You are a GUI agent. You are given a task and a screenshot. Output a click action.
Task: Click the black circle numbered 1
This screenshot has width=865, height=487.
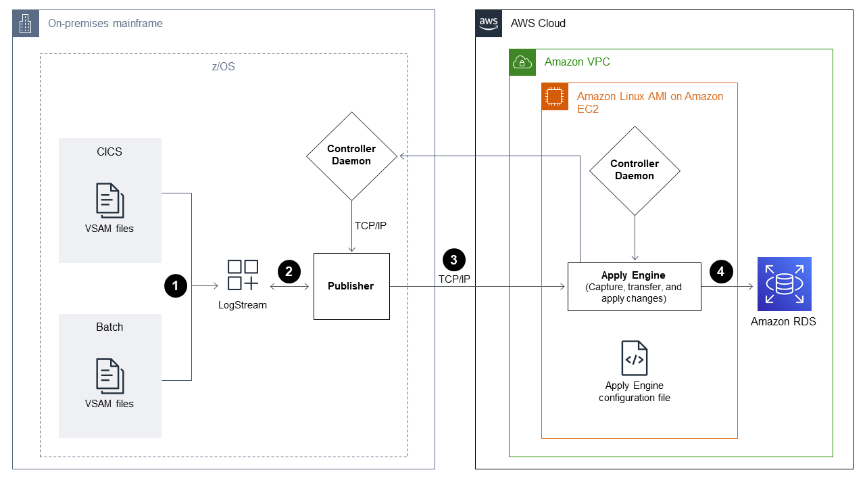[175, 286]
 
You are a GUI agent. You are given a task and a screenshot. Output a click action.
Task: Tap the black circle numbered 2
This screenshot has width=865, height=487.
[289, 272]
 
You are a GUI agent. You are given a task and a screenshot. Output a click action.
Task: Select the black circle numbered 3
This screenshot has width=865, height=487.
[453, 260]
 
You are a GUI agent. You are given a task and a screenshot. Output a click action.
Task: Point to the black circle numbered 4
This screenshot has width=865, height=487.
[720, 272]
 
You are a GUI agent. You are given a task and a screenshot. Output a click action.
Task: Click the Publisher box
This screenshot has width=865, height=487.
[351, 286]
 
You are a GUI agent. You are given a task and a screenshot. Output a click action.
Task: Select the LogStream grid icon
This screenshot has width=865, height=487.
[243, 275]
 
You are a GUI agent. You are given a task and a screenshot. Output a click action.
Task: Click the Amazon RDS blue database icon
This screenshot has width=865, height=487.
[784, 284]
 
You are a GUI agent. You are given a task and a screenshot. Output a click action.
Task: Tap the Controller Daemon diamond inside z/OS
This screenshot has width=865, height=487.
[351, 155]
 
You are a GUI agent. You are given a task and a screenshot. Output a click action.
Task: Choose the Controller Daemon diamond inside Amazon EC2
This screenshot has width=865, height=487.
[635, 170]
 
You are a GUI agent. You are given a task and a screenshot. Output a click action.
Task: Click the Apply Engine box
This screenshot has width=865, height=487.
[634, 286]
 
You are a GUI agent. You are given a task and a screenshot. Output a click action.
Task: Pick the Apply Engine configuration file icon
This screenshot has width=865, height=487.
[635, 358]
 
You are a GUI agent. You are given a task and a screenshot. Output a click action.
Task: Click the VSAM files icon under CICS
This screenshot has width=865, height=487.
[109, 201]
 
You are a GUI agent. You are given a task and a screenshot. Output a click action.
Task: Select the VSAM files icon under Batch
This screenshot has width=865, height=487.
[109, 376]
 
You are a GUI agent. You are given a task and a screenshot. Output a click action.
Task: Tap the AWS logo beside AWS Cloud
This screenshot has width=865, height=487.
[488, 23]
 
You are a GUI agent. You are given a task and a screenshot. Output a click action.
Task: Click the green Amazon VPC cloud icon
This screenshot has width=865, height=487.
[522, 62]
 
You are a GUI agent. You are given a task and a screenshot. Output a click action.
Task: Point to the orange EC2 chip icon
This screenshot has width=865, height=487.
[554, 97]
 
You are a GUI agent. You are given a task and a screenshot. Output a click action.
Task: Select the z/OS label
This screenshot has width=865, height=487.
[224, 67]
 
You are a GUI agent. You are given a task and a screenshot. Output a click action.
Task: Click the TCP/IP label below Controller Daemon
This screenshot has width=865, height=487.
[371, 225]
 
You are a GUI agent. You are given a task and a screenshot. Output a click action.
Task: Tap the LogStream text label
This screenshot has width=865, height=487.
[243, 305]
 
